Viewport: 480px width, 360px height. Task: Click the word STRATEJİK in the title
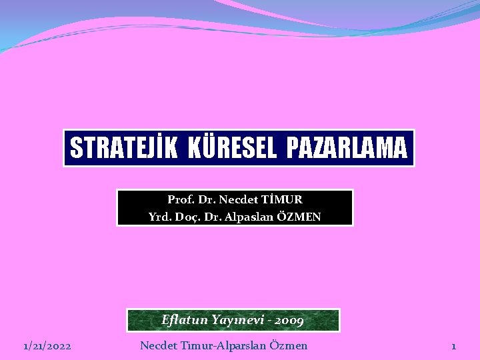coord(124,148)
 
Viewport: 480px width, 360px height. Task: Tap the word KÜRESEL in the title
coord(232,148)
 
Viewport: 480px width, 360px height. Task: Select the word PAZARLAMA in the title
coord(346,148)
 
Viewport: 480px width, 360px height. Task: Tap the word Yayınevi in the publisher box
coord(237,320)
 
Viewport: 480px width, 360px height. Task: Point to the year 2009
coord(289,321)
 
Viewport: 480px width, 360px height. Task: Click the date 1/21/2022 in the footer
coord(47,346)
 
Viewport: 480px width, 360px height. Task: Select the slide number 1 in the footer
coord(453,346)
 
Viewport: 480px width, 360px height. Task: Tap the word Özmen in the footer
coord(290,345)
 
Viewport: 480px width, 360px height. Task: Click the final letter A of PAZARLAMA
coord(399,148)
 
